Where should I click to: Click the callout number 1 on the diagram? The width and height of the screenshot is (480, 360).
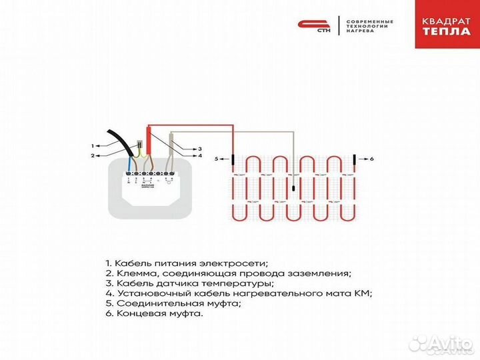coord(92,145)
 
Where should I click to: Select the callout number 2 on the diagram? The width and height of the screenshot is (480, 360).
coord(92,155)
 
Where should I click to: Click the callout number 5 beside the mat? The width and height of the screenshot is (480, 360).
coord(216,159)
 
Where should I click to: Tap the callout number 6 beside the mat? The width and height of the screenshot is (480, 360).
coord(372,159)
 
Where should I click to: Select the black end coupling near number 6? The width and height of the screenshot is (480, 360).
coord(353,159)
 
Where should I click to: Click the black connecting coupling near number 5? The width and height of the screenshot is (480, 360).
coord(233,159)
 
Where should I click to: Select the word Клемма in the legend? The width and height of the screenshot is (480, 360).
coord(132,273)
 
